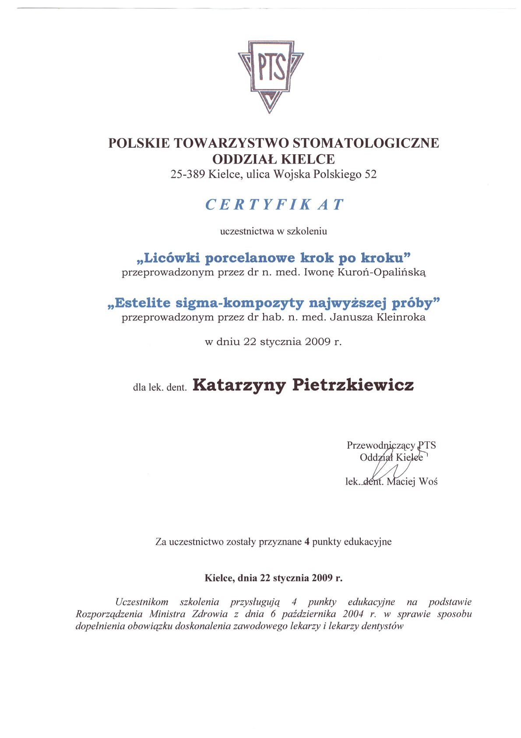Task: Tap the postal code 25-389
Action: pyautogui.click(x=187, y=174)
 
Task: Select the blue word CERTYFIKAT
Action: pyautogui.click(x=275, y=205)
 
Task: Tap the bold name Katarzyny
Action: pyautogui.click(x=239, y=385)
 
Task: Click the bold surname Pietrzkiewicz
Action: pyautogui.click(x=353, y=385)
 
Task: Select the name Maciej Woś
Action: pyautogui.click(x=412, y=482)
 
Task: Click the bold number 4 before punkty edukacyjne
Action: pyautogui.click(x=307, y=542)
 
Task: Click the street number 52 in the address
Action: pyautogui.click(x=370, y=174)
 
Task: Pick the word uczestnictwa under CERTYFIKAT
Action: pyautogui.click(x=246, y=231)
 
